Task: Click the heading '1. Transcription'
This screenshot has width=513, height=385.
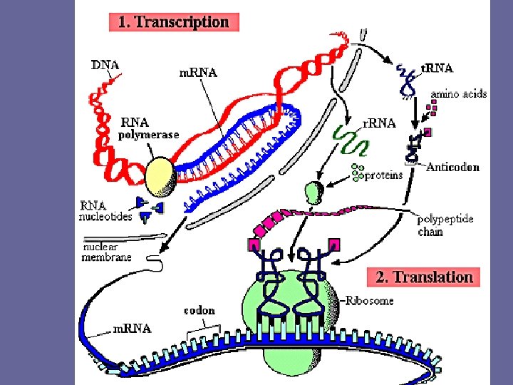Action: pyautogui.click(x=173, y=21)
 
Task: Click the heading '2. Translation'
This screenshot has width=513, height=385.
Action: pyautogui.click(x=424, y=277)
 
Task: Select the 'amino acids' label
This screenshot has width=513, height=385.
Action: pyautogui.click(x=458, y=94)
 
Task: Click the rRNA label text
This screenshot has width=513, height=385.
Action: pyautogui.click(x=380, y=123)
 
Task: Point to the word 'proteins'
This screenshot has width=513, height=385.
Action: pyautogui.click(x=383, y=175)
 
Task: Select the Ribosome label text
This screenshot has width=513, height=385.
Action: pyautogui.click(x=370, y=301)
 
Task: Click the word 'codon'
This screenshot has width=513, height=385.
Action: pyautogui.click(x=199, y=311)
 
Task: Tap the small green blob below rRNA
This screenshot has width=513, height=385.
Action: pyautogui.click(x=313, y=192)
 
